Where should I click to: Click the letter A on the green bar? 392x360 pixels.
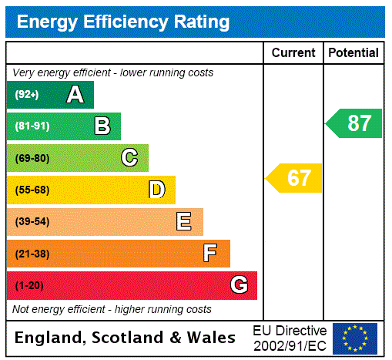pos(75,95)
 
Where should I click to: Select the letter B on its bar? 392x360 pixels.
pos(102,126)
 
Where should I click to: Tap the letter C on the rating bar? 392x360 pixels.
pos(129,158)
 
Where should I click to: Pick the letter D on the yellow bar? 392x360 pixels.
pos(156,190)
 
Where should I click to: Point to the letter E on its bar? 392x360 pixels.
pos(183,222)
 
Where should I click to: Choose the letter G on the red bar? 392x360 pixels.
pos(239,285)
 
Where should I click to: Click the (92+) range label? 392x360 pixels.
pos(26,95)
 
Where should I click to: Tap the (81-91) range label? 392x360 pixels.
pos(32,126)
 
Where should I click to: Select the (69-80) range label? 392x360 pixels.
pos(32,158)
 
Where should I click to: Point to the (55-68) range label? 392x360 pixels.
pos(32,190)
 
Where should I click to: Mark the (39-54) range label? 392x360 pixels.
pos(32,222)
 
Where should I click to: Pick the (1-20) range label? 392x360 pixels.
pos(29,285)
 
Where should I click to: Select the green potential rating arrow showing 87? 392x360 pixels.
pos(355,123)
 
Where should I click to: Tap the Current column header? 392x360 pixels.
pos(293,53)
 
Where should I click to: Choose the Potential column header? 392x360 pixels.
pos(353,53)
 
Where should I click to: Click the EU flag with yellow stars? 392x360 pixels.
pos(355,338)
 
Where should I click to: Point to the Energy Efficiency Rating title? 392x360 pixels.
pos(123,22)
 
